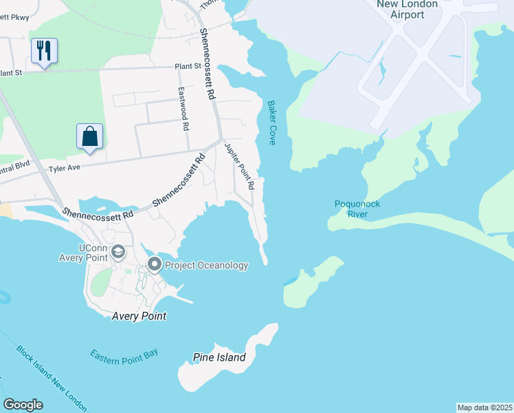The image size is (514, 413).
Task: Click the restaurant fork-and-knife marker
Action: click(x=44, y=50)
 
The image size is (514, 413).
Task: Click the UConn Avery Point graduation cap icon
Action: click(x=118, y=253)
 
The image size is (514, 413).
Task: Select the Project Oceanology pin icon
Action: click(x=155, y=264)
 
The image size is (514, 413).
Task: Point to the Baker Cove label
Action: click(x=271, y=123)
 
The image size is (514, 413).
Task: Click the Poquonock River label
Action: click(x=357, y=209)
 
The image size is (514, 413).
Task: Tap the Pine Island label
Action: click(x=219, y=358)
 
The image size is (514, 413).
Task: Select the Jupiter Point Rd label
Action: click(x=239, y=167)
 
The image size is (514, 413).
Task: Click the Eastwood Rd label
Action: click(x=183, y=109)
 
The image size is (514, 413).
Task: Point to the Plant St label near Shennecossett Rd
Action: click(x=187, y=66)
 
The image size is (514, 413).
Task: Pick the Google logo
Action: click(x=23, y=405)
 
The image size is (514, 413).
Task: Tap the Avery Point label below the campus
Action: click(x=139, y=316)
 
